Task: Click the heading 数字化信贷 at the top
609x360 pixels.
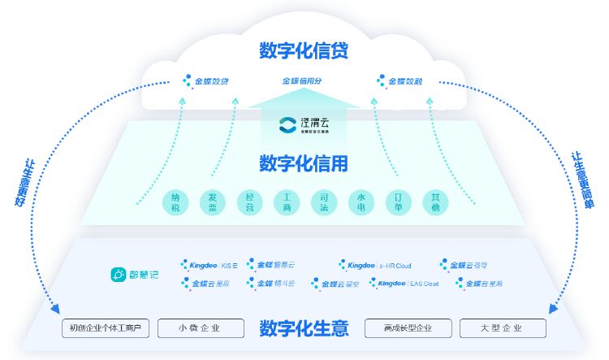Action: coord(304,50)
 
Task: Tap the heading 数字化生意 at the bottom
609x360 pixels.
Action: coord(304,329)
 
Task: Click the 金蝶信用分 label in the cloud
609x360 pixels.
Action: coord(302,81)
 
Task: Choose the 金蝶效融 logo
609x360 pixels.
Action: coord(404,81)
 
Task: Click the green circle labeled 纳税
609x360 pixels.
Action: coord(175,202)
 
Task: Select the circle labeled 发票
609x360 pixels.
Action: coord(213,202)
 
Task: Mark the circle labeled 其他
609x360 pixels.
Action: coord(436,202)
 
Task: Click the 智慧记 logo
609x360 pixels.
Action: coord(135,275)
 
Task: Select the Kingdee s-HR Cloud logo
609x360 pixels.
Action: coord(376,265)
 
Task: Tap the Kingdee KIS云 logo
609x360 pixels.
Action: coord(209,265)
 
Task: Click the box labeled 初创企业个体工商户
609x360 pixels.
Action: coord(106,329)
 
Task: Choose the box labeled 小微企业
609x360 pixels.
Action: coord(200,329)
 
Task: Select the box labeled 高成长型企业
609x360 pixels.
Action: coord(408,329)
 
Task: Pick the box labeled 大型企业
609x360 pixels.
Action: coord(502,329)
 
